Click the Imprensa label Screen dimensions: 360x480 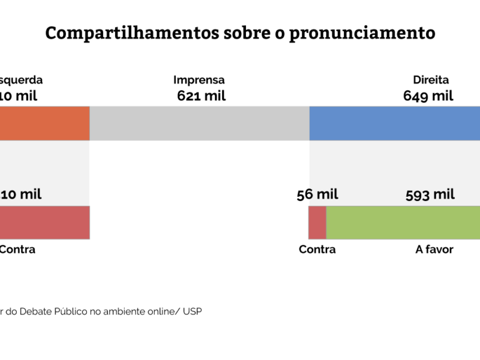(199, 80)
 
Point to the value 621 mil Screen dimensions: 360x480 (202, 96)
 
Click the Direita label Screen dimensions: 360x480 (431, 80)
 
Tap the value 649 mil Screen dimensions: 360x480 (428, 96)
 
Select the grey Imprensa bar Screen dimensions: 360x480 (199, 124)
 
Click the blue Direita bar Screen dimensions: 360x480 (394, 124)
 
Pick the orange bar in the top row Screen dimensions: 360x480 (44, 124)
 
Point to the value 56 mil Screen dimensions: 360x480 (317, 194)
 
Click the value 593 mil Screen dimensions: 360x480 (430, 194)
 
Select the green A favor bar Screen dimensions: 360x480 (403, 223)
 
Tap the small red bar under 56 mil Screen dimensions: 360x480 (317, 223)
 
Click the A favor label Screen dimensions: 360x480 (434, 250)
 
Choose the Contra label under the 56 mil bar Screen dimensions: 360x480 (317, 250)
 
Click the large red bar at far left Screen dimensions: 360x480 (44, 223)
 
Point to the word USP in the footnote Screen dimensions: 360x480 (193, 312)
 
